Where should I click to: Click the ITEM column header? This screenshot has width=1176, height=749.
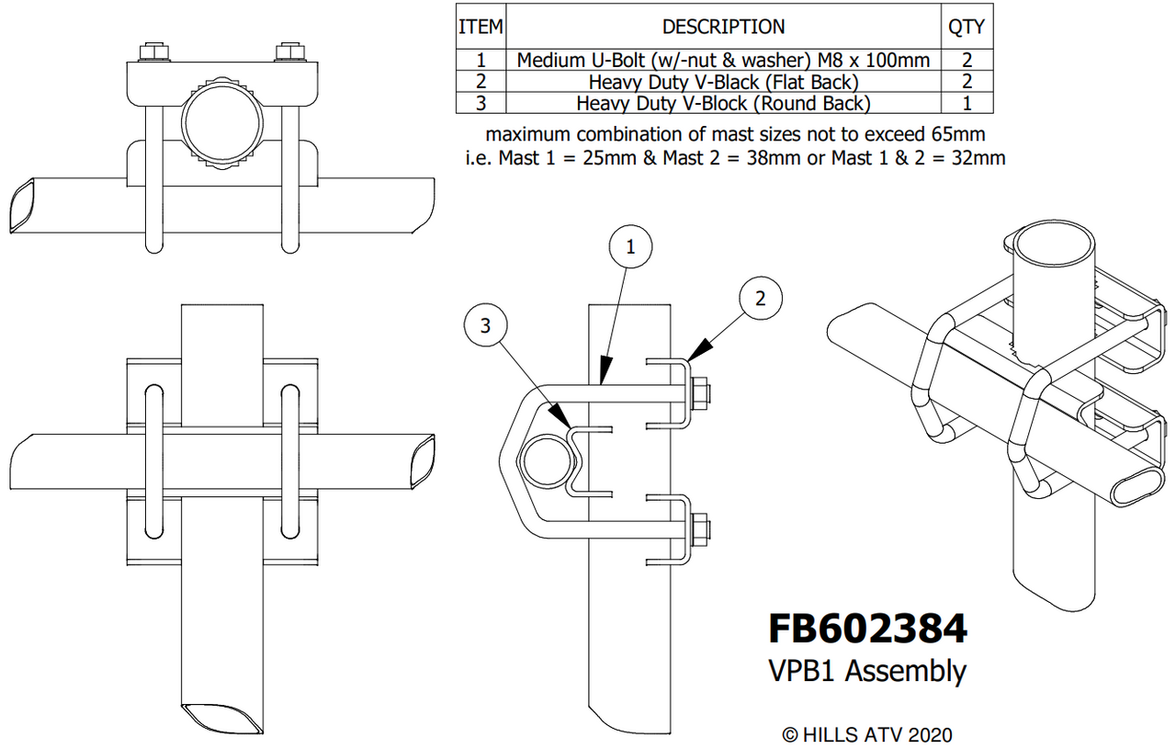coord(481,27)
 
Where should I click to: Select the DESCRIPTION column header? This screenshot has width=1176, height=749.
coord(724,27)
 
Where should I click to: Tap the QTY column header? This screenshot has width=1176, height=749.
coord(966,27)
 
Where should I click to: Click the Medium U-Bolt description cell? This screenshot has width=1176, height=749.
coord(724,61)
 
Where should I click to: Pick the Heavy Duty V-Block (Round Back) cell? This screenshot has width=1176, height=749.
coord(724,103)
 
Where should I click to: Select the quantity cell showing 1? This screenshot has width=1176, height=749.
coord(966,103)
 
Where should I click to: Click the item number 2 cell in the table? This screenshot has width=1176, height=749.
coord(481,82)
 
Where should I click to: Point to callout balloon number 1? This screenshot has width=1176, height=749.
coord(630,246)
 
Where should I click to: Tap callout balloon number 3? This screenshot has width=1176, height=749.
coord(486,323)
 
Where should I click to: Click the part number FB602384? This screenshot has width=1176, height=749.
coord(867,629)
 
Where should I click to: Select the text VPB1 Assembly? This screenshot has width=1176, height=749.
coord(867,671)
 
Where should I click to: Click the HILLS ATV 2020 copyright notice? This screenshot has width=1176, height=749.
coord(866,734)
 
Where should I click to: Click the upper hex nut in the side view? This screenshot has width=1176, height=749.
coord(697,392)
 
